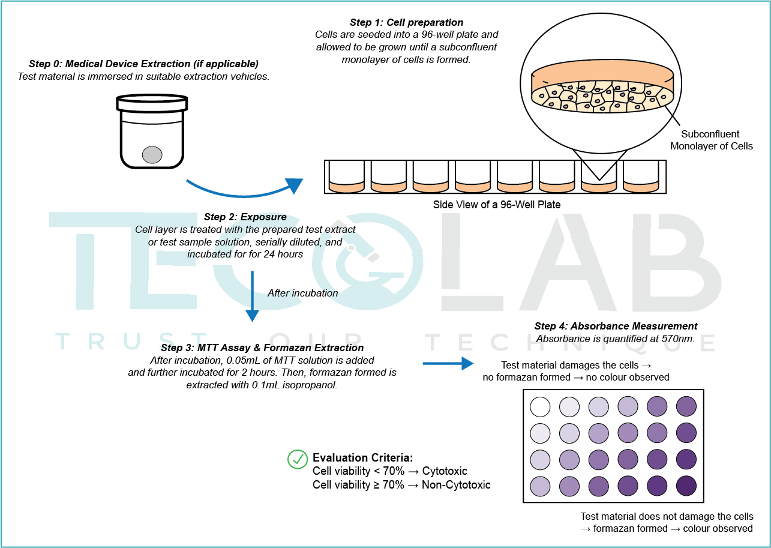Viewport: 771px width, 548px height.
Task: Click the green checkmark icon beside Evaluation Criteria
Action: (x=298, y=459)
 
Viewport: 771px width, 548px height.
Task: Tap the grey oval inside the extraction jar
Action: (x=152, y=155)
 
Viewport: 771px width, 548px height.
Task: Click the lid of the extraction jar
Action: (x=152, y=103)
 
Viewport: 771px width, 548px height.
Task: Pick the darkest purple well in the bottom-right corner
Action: (x=686, y=484)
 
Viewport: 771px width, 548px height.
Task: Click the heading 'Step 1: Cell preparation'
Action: (x=407, y=23)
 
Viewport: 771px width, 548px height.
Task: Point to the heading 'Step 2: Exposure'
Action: (x=245, y=217)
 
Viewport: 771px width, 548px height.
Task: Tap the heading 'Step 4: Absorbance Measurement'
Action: (x=616, y=327)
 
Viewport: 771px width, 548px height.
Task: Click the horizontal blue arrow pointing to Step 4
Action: (x=448, y=363)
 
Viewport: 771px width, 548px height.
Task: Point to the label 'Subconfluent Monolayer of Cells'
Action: (x=711, y=140)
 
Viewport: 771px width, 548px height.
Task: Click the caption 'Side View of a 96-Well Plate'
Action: (x=497, y=205)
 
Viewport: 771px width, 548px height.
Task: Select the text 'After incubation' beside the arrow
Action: (x=303, y=294)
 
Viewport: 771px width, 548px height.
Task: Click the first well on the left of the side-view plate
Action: (x=347, y=176)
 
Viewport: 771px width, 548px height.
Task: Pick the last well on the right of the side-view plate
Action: (x=641, y=176)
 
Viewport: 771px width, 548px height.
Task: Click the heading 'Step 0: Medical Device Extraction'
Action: (x=143, y=64)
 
